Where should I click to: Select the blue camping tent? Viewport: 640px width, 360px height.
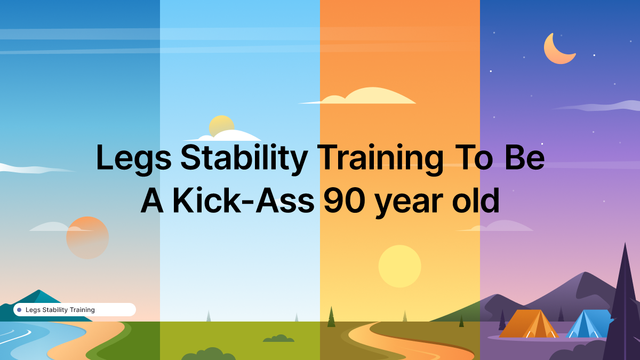(x=587, y=324)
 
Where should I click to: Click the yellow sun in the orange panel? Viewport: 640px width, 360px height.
(x=399, y=266)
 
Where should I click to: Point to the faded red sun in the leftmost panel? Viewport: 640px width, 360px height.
(x=87, y=238)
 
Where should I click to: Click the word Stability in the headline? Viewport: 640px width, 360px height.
(x=244, y=158)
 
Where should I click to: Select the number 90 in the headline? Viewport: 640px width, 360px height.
(x=344, y=202)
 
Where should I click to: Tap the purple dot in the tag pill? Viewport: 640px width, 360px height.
(x=19, y=310)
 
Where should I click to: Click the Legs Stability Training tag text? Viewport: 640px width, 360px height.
(x=60, y=310)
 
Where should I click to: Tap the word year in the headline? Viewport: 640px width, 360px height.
(x=411, y=202)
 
